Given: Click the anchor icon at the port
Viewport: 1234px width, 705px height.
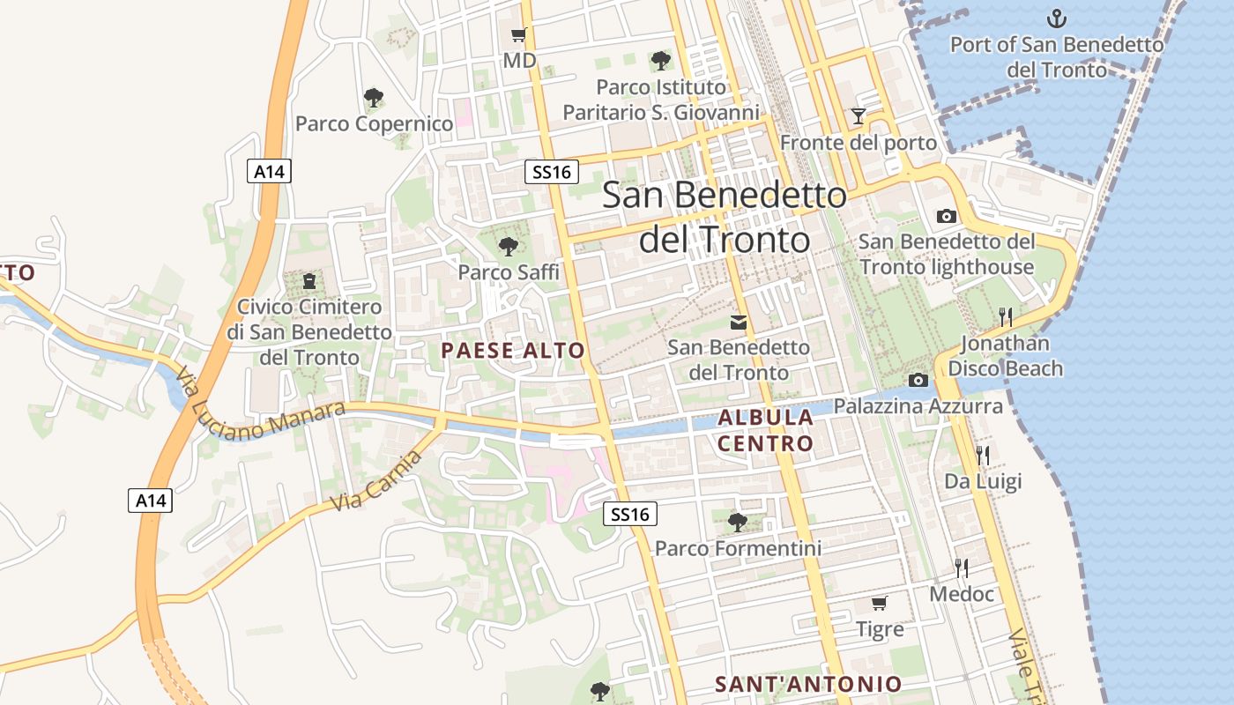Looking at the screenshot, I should [x=1056, y=18].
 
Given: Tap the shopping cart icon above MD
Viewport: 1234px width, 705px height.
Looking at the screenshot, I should [x=519, y=35].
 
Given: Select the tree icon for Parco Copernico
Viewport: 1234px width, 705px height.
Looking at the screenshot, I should [x=374, y=97].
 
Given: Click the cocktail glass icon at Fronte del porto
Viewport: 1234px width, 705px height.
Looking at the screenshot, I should [x=858, y=115].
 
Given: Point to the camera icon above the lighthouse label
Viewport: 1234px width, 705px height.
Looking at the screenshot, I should [x=946, y=216].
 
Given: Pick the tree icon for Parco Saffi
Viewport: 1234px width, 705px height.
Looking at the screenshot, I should [x=508, y=247].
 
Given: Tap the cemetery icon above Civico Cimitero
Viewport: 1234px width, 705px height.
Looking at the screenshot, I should [x=308, y=281].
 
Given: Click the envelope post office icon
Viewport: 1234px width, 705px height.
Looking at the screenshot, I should [x=739, y=323].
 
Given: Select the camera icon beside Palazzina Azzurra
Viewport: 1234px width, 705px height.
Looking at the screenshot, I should [x=918, y=380].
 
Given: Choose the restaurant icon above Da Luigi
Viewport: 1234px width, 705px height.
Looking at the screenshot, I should [x=983, y=455].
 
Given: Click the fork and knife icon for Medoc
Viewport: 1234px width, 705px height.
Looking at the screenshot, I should [x=962, y=568].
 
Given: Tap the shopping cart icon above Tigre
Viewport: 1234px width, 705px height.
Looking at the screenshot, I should [x=879, y=604].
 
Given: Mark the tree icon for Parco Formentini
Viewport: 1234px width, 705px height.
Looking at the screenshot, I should [x=738, y=523].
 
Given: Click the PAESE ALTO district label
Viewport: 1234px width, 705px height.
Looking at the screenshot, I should [x=513, y=351].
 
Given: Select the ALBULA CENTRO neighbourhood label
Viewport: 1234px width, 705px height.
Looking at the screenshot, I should [x=765, y=430].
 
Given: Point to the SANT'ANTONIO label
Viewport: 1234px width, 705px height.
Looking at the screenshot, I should [x=808, y=684].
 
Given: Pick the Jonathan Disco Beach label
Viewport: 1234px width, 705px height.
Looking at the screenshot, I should [x=1006, y=356].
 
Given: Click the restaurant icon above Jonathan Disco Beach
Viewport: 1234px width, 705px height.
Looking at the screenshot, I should [x=1005, y=316].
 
